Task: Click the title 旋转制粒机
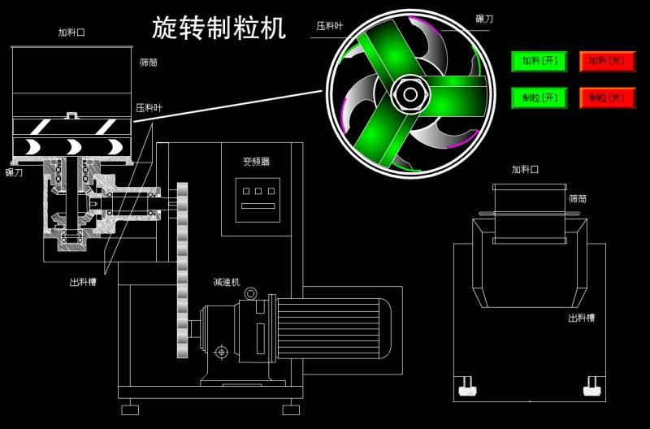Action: [219, 28]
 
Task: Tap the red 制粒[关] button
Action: [607, 97]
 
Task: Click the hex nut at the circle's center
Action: [410, 94]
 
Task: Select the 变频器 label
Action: [256, 162]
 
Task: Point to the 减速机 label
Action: [226, 282]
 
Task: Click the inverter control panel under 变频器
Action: [257, 200]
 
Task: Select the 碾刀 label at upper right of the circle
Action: [484, 18]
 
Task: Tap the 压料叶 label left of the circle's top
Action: [329, 27]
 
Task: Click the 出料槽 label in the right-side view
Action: [582, 318]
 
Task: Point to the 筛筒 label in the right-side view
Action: [578, 198]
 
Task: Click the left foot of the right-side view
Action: [467, 388]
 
